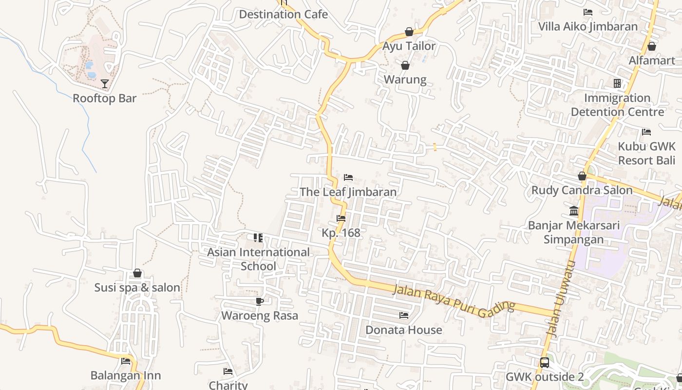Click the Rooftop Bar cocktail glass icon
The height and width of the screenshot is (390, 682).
click(105, 84)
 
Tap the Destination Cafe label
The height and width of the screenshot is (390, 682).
click(283, 14)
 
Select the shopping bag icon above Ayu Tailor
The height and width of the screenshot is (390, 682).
click(409, 32)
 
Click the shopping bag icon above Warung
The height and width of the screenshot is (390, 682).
click(405, 65)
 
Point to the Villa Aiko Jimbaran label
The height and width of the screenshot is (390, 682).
click(587, 26)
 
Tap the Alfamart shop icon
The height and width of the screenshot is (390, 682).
click(651, 47)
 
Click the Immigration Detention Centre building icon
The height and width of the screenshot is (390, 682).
click(617, 84)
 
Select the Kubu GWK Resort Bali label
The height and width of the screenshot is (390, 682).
click(646, 153)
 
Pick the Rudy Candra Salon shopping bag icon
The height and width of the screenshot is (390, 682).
click(582, 176)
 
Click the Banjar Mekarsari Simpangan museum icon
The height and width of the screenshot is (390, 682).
click(574, 211)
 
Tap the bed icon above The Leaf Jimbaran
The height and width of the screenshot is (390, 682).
click(348, 177)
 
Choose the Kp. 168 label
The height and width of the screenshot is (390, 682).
click(341, 233)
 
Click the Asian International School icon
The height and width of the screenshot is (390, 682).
click(258, 238)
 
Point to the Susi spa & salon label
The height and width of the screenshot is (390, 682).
click(137, 287)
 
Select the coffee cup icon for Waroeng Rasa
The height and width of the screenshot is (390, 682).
click(260, 301)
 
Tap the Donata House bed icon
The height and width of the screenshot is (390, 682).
click(404, 315)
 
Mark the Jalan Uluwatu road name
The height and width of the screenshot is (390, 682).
click(561, 298)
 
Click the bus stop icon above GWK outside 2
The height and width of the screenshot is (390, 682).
click(544, 363)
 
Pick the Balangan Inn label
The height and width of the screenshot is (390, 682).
click(126, 375)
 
